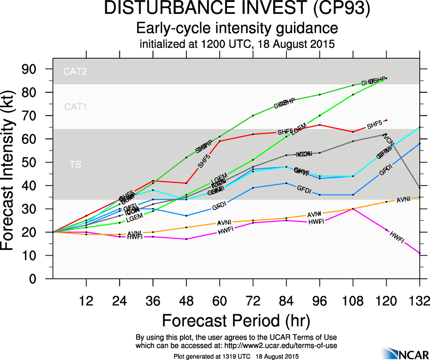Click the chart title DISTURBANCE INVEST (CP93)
[237, 10]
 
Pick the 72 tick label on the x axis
[253, 301]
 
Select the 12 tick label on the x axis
[86, 301]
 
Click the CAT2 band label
[75, 72]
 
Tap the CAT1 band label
[75, 107]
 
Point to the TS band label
[75, 164]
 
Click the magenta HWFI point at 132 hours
[419, 253]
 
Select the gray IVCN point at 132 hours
[419, 188]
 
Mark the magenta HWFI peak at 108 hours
[353, 209]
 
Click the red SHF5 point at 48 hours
[186, 183]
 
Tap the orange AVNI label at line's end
[403, 199]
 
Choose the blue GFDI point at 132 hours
[419, 144]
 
